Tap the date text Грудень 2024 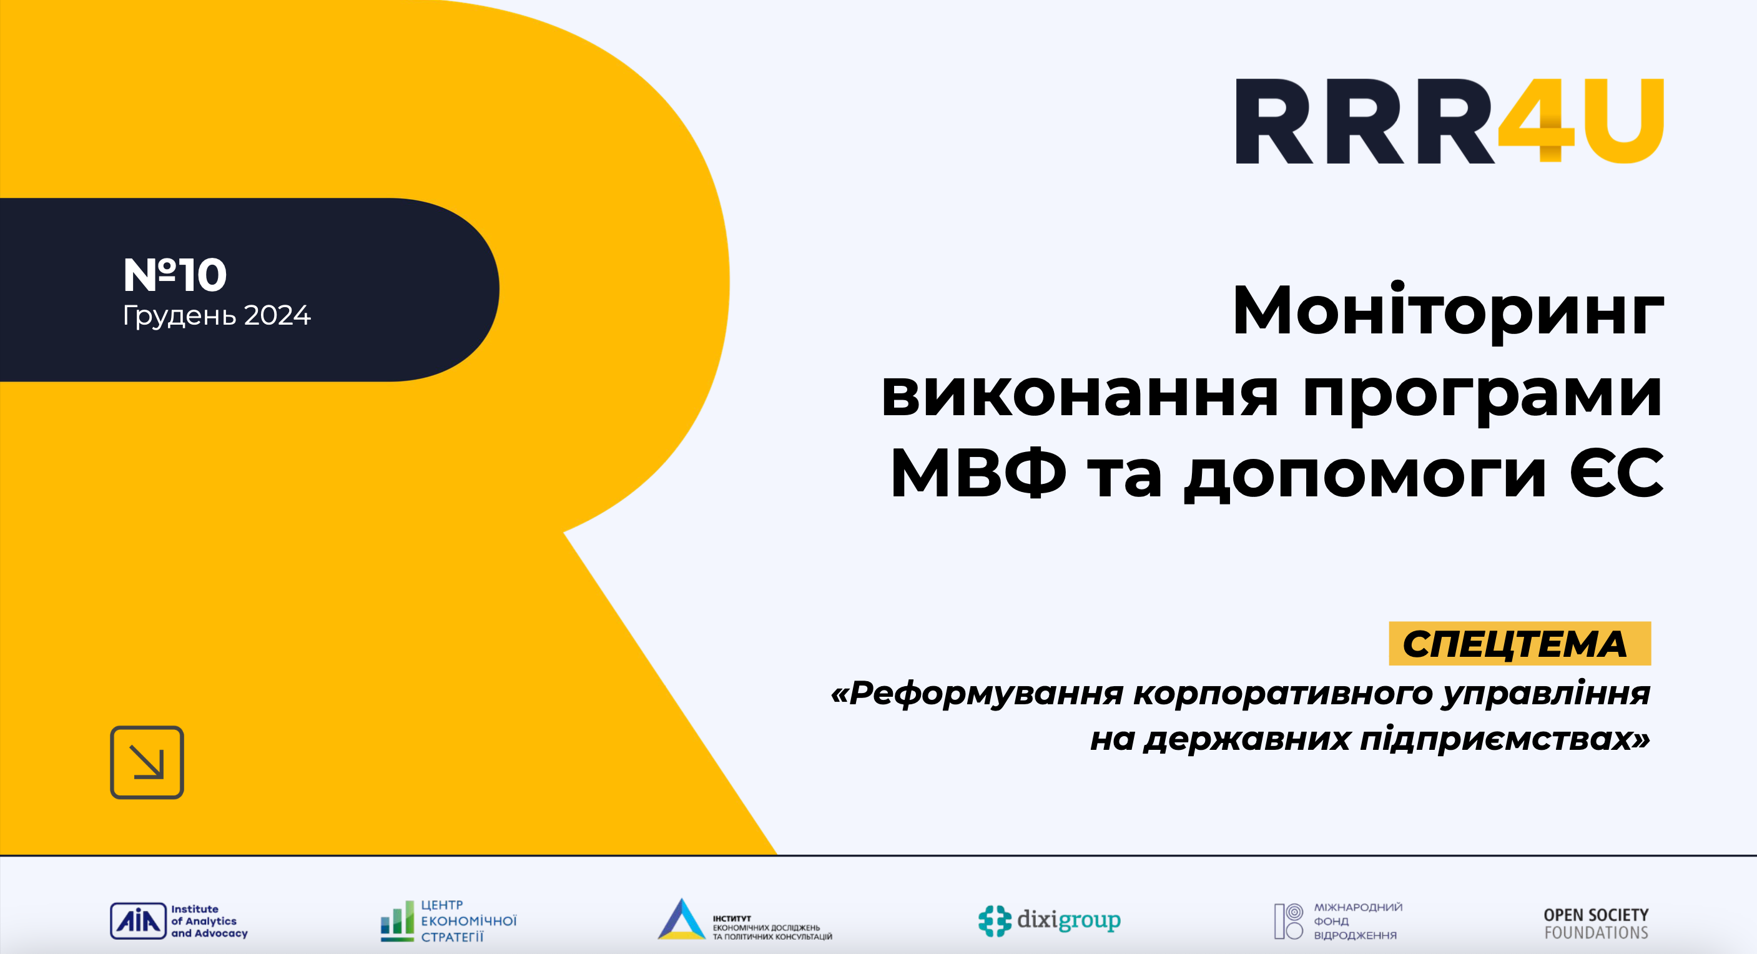pyautogui.click(x=216, y=315)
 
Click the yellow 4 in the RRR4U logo pyautogui.click(x=1537, y=121)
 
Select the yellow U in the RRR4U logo pyautogui.click(x=1624, y=121)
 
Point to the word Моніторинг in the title pyautogui.click(x=1447, y=311)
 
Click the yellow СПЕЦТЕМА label pyautogui.click(x=1519, y=643)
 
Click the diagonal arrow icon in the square pyautogui.click(x=147, y=762)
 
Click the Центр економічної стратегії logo pyautogui.click(x=448, y=920)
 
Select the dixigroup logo pyautogui.click(x=1049, y=920)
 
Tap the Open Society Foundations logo pyautogui.click(x=1595, y=923)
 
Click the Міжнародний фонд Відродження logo pyautogui.click(x=1337, y=920)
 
